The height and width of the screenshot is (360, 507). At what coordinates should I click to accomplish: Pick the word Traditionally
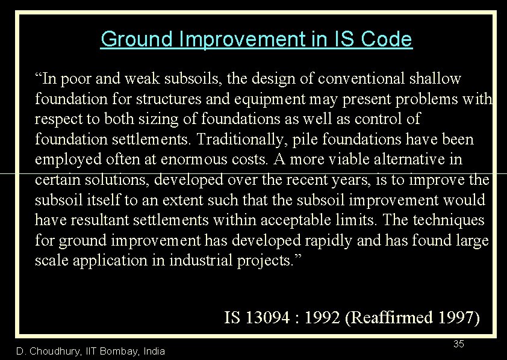230,140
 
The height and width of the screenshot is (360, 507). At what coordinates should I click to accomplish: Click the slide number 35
458,344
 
